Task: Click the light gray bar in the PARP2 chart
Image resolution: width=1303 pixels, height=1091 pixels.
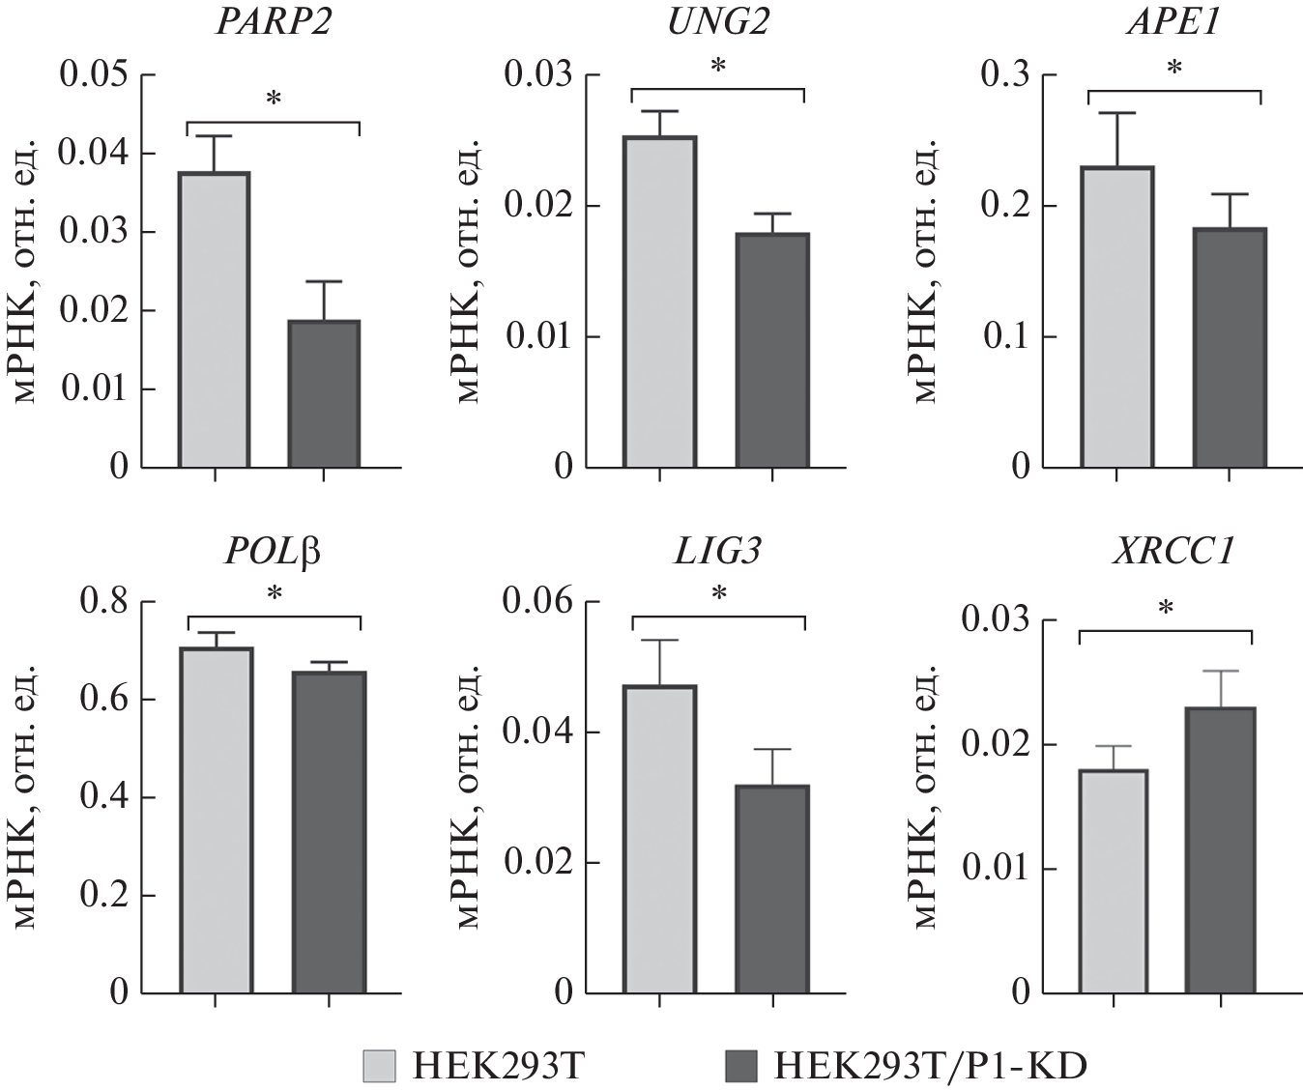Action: pyautogui.click(x=215, y=320)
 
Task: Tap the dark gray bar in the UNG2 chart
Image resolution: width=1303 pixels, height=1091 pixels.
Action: pyautogui.click(x=771, y=350)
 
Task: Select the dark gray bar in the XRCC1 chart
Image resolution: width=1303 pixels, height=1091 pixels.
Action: pyautogui.click(x=1220, y=849)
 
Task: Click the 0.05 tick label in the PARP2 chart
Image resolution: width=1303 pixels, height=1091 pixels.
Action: pyautogui.click(x=94, y=74)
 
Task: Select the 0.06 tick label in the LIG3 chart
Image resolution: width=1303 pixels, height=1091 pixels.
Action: pyautogui.click(x=538, y=602)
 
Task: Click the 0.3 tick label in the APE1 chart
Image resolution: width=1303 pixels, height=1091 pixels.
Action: pyautogui.click(x=1005, y=74)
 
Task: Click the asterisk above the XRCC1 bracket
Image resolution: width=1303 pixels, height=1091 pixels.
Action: pyautogui.click(x=1166, y=609)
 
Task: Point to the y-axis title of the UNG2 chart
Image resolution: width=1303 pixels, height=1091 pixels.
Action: pyautogui.click(x=470, y=271)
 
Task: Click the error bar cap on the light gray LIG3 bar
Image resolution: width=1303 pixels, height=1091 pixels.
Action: pyautogui.click(x=659, y=640)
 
